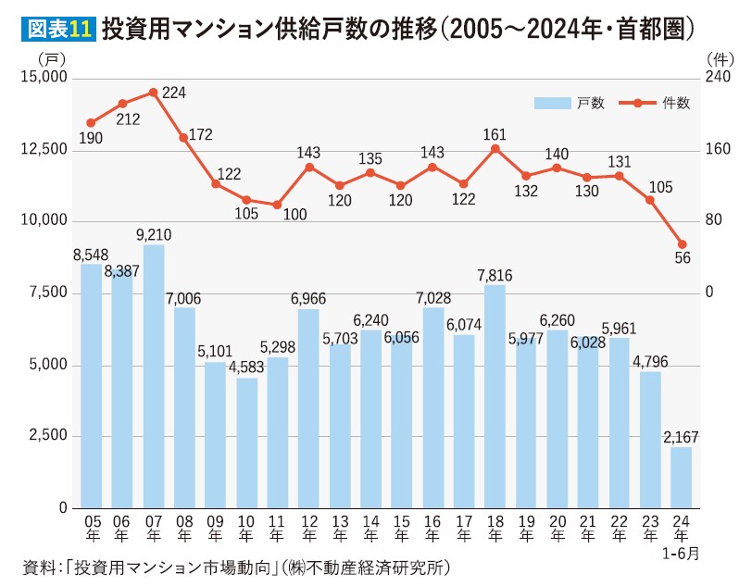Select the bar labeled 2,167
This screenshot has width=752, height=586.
[681, 478]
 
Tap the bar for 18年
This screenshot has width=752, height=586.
[495, 396]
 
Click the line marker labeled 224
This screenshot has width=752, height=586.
[153, 93]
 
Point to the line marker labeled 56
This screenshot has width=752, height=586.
[683, 244]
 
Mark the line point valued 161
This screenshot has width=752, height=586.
[495, 149]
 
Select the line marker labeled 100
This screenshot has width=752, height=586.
[277, 205]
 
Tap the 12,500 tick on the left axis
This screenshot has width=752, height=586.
[44, 150]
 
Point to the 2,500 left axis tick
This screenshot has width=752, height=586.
[47, 436]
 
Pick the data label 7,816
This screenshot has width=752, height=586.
[495, 275]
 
